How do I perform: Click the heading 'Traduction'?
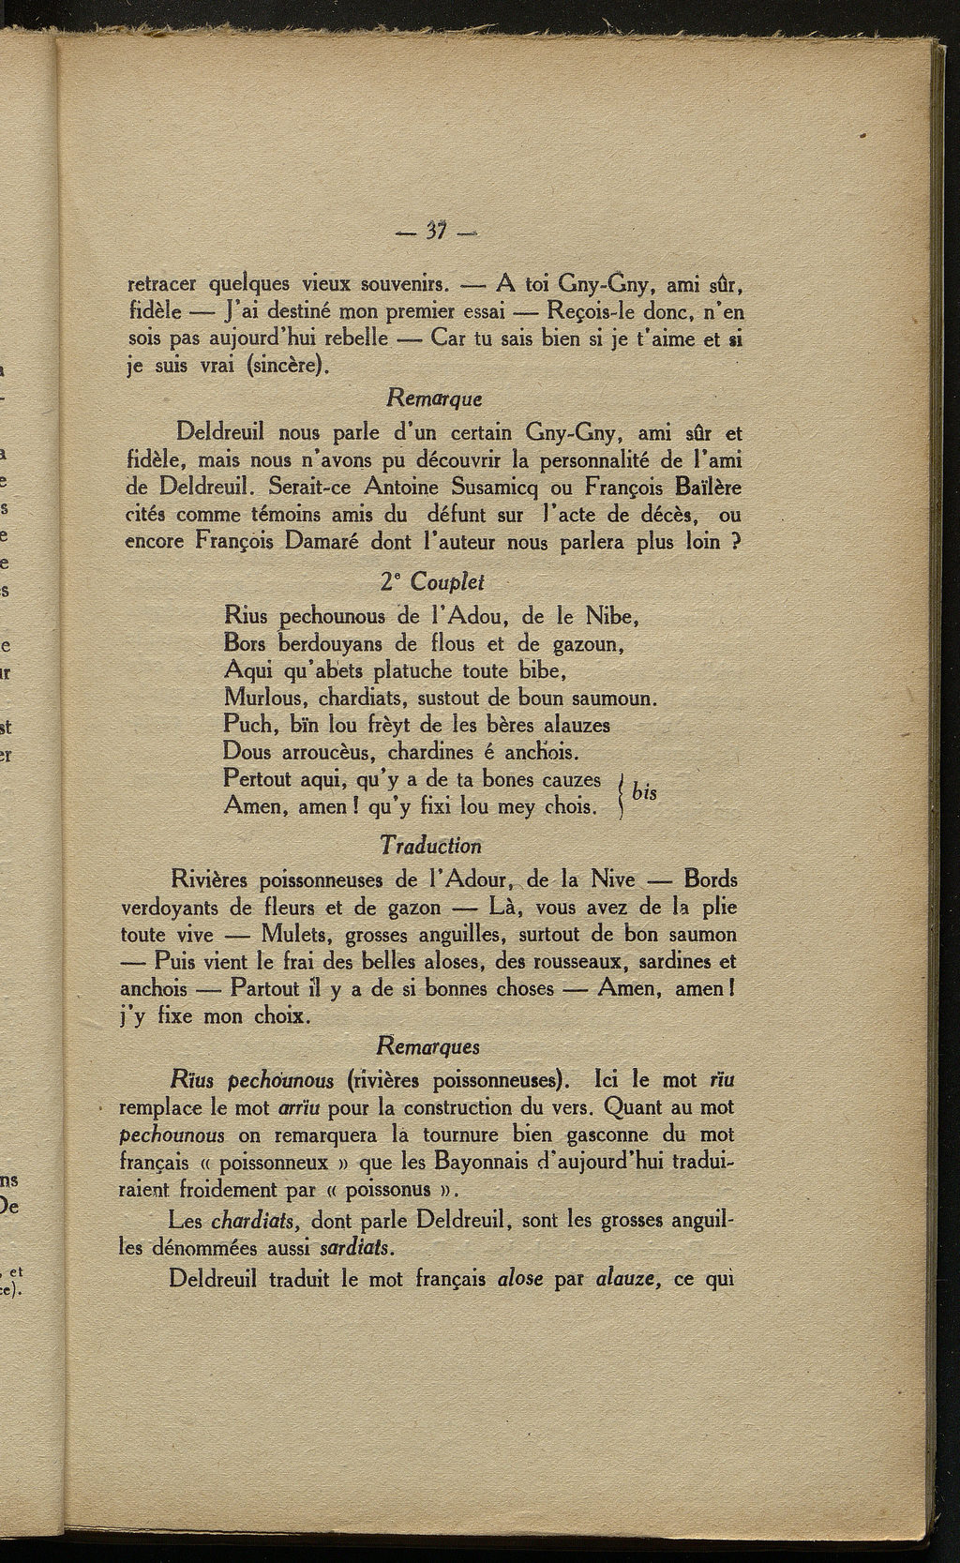[x=430, y=846]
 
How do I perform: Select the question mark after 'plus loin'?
[x=736, y=542]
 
